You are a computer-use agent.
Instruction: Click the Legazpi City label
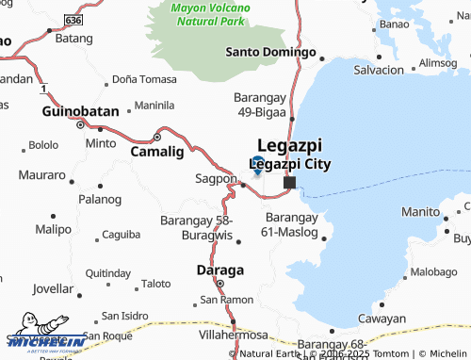pyautogui.click(x=285, y=164)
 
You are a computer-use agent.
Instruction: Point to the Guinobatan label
pyautogui.click(x=81, y=111)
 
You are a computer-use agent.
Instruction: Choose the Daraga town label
pyautogui.click(x=219, y=270)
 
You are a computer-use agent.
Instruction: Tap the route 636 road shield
pyautogui.click(x=74, y=19)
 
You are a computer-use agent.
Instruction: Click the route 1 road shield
pyautogui.click(x=43, y=88)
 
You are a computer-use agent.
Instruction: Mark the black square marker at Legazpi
pyautogui.click(x=290, y=183)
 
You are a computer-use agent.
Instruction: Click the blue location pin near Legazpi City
pyautogui.click(x=258, y=163)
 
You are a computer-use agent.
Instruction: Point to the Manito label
pyautogui.click(x=418, y=212)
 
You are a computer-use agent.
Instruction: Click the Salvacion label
pyautogui.click(x=378, y=71)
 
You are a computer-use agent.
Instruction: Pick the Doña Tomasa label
pyautogui.click(x=144, y=79)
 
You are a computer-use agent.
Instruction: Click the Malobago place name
pyautogui.click(x=434, y=272)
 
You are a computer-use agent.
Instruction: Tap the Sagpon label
pyautogui.click(x=216, y=178)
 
